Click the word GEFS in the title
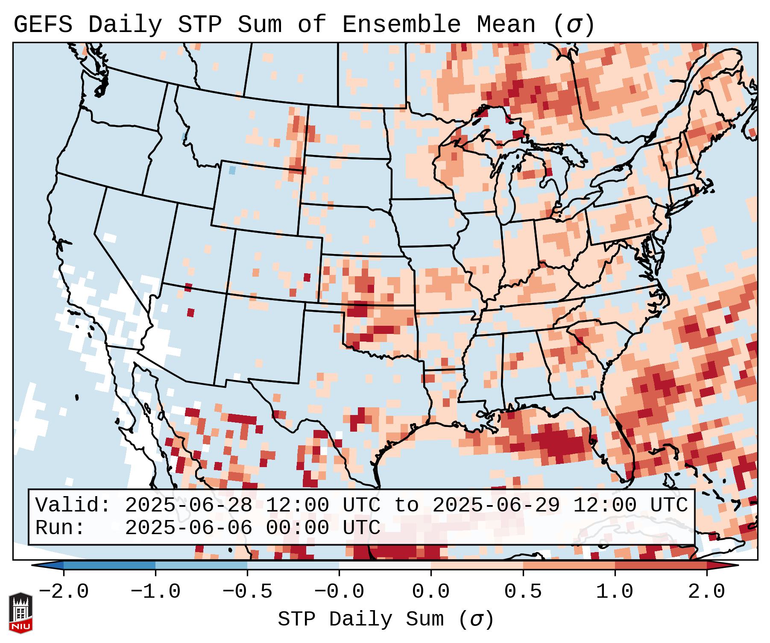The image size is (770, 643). tap(43, 24)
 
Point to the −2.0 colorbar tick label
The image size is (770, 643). tap(64, 592)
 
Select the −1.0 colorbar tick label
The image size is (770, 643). tap(155, 592)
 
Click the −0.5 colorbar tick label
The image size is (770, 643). tap(247, 592)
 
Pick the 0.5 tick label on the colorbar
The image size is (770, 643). tap(523, 592)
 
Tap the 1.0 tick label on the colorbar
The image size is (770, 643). tap(615, 592)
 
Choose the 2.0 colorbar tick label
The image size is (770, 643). tap(707, 592)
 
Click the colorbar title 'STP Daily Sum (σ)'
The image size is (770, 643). tap(386, 620)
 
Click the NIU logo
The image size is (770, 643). tap(20, 613)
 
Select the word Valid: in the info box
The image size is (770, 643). tap(73, 505)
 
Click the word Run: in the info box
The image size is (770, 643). tap(60, 528)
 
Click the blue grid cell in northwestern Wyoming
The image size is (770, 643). tap(232, 170)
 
